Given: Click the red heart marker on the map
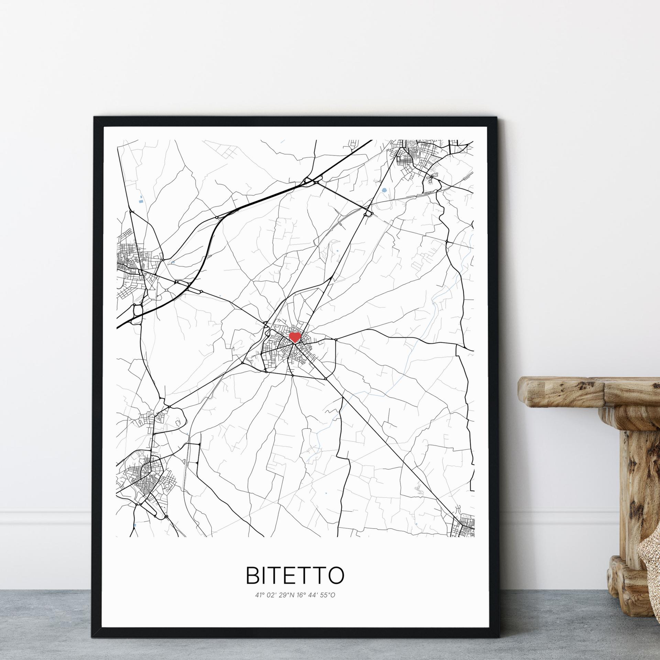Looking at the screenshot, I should [295, 337].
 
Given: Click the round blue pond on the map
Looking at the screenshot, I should [384, 190].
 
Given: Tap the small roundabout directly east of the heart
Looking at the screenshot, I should [336, 340].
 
